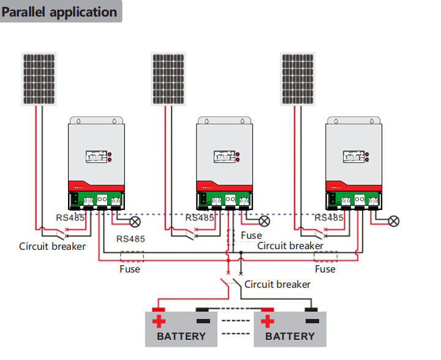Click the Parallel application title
pos(60,12)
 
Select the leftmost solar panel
pos(40,79)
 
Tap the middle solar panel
pos(168,79)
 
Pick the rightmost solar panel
pos(298,79)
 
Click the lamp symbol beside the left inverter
pos(135,220)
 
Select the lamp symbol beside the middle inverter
pos(265,220)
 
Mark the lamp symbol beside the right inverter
pos(394,220)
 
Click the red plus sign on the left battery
pos(159,321)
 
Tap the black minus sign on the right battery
pos(312,321)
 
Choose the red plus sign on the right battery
pos(267,321)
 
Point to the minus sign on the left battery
pos(203,321)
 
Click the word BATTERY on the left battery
pos(181,336)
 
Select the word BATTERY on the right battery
pos(290,336)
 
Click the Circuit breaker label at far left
pos(53,247)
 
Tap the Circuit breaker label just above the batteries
pos(277,284)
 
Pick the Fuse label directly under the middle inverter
pos(251,235)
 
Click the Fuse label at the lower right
pos(325,269)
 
